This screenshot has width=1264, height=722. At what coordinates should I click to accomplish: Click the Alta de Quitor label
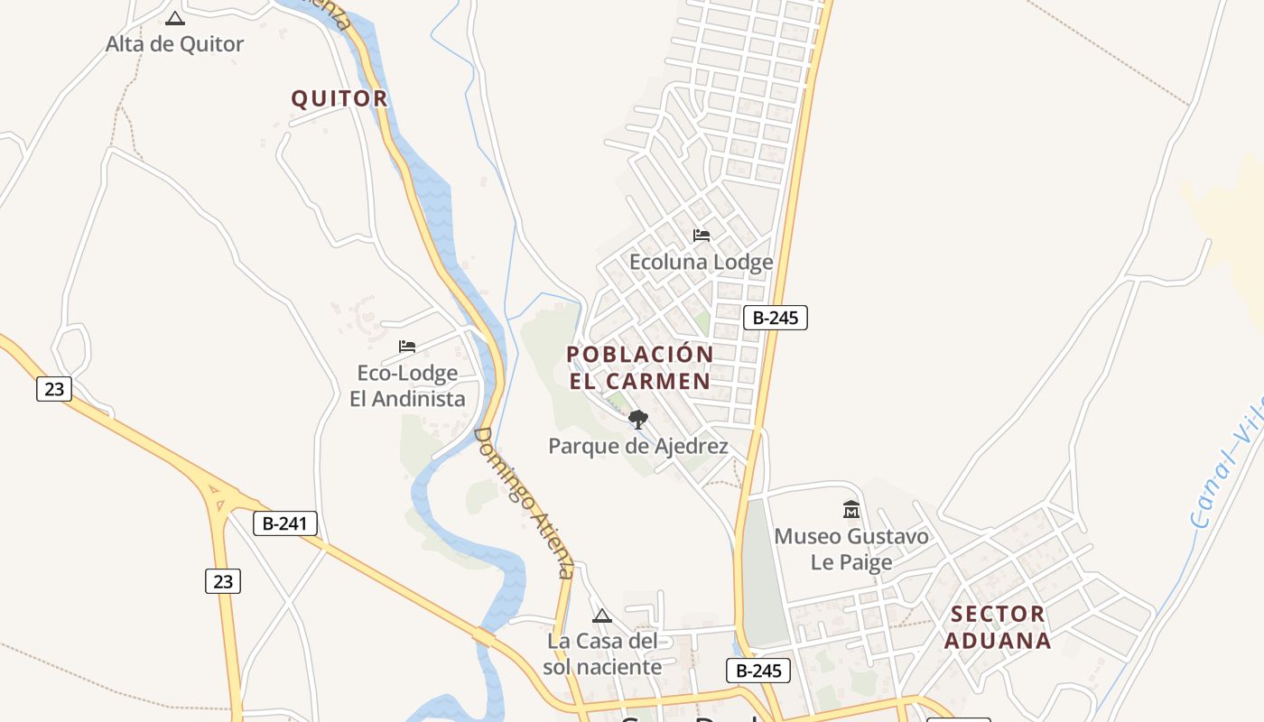174,43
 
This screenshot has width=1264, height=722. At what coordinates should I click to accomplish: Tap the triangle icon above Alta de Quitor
175,18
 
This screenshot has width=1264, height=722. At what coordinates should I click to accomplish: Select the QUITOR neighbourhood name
339,98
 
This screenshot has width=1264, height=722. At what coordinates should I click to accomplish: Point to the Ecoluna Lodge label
701,262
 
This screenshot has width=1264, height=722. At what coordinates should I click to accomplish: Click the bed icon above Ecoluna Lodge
702,236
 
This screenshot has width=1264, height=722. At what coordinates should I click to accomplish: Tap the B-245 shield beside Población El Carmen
775,318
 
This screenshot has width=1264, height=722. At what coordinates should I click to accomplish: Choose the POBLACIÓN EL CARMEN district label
640,367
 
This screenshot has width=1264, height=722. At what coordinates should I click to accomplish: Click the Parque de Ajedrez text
638,446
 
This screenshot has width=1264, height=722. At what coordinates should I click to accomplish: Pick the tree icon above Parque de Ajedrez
638,419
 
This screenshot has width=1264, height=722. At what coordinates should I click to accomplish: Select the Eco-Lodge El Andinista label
407,385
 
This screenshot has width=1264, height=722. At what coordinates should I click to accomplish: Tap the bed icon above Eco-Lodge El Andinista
407,347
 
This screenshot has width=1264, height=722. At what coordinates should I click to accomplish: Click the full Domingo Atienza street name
524,503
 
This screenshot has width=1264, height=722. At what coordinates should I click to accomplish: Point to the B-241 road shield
285,523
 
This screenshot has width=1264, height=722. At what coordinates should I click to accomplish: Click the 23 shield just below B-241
223,581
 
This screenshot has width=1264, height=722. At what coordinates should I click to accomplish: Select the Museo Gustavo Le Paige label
850,549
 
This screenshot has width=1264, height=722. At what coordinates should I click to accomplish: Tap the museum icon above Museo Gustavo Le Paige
851,511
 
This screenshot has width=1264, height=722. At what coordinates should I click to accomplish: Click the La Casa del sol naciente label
604,654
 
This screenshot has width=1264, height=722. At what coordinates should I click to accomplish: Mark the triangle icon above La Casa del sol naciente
602,616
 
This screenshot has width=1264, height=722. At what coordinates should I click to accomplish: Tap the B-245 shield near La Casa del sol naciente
758,671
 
